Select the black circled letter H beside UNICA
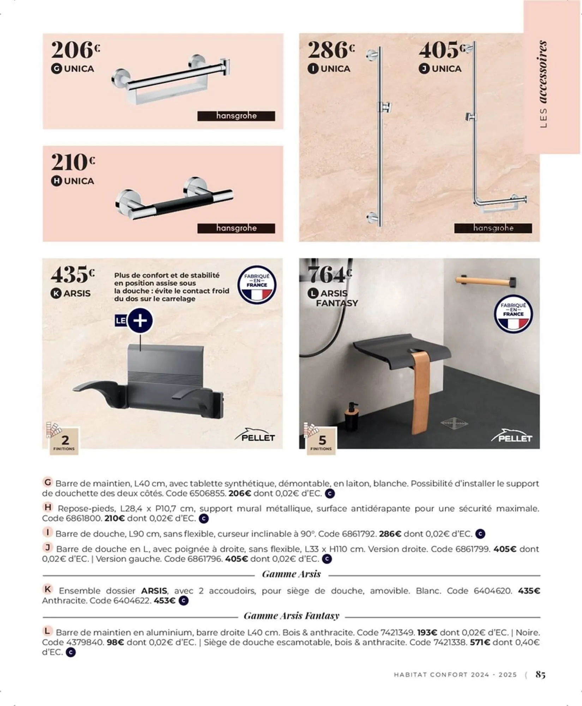[x=56, y=181]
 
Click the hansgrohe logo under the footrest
[x=236, y=228]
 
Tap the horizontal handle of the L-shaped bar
[x=499, y=202]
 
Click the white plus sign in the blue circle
[x=140, y=321]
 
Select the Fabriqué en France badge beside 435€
[x=257, y=285]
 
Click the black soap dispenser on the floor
[x=352, y=417]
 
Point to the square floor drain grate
[x=454, y=423]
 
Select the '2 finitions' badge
[x=64, y=441]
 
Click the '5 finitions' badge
[x=321, y=441]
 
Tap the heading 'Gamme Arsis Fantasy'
[x=291, y=616]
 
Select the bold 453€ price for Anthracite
[x=164, y=601]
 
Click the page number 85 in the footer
[x=540, y=674]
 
